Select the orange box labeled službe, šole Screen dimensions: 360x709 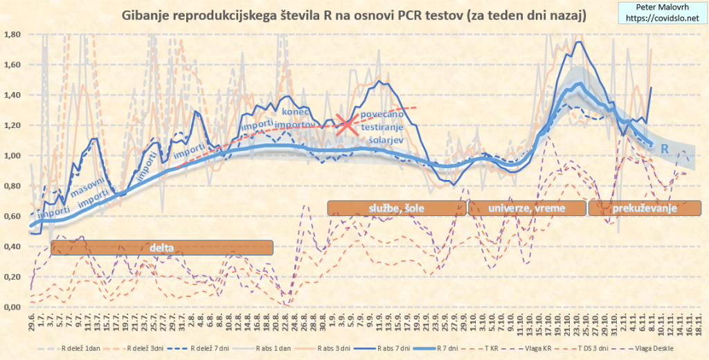(x=393, y=208)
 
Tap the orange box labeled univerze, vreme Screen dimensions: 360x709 (x=526, y=208)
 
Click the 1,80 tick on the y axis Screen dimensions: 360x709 (x=13, y=34)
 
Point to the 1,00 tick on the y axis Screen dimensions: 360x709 (x=13, y=156)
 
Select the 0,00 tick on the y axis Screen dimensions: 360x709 (x=13, y=307)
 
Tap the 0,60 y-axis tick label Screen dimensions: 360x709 (x=13, y=217)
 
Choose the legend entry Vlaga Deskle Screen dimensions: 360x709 (x=655, y=350)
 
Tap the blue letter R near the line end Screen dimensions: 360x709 (x=663, y=149)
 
